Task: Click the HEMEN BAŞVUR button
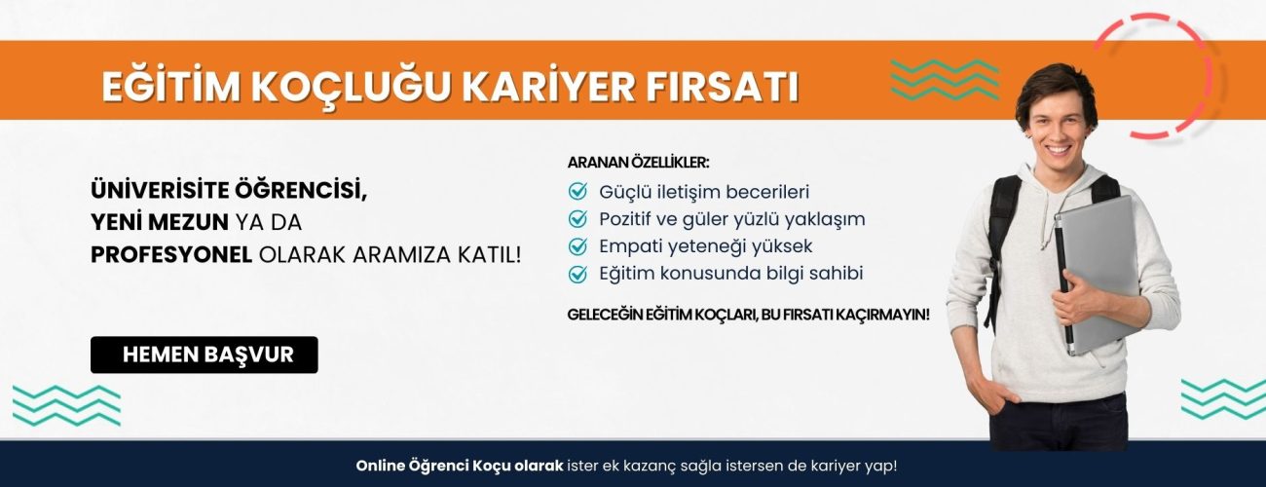[x=205, y=355]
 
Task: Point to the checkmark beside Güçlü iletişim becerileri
[x=578, y=192]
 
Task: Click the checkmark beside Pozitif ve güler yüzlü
[x=578, y=219]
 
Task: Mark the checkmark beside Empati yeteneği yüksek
[x=578, y=246]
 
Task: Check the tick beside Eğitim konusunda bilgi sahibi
[x=578, y=274]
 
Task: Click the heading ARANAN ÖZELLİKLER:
[x=639, y=162]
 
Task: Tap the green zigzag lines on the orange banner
[x=945, y=80]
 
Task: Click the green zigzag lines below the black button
[x=66, y=405]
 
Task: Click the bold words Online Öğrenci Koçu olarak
[x=460, y=466]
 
